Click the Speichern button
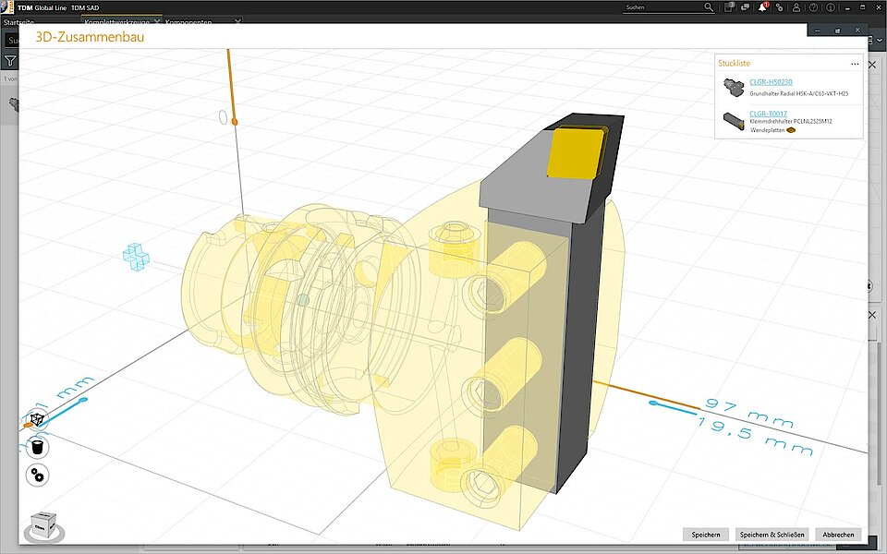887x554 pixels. pos(705,535)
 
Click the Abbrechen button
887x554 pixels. pos(838,535)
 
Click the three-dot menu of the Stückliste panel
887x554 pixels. pos(855,64)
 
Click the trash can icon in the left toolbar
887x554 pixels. pos(38,448)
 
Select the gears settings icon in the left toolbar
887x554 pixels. pos(38,475)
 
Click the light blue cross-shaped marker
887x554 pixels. pos(136,257)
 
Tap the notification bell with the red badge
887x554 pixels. pos(763,6)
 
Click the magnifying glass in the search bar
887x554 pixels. pos(709,6)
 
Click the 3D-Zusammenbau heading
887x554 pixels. pos(89,38)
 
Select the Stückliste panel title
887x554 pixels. pos(736,64)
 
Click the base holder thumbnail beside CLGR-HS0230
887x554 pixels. pos(734,87)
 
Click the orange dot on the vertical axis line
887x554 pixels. pos(235,121)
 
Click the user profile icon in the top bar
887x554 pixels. pos(796,6)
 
